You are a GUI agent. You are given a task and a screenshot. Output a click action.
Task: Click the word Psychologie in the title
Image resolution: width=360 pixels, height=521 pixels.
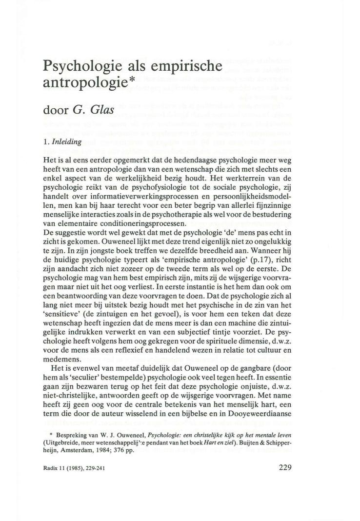(83, 65)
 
